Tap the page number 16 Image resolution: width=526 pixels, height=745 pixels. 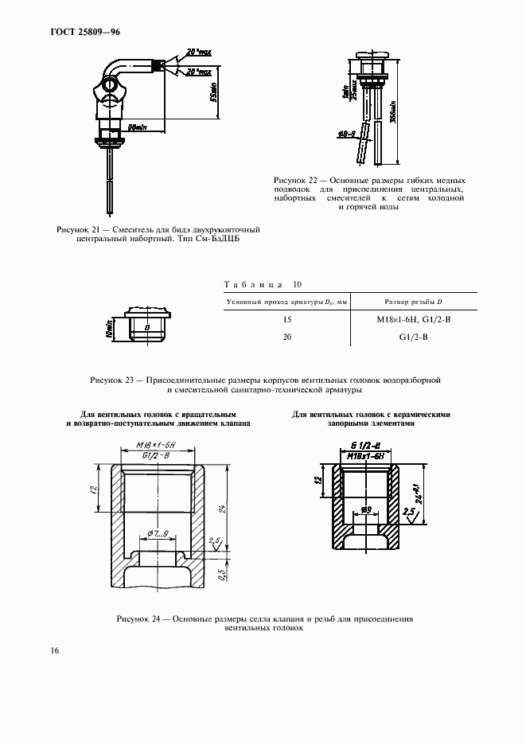[x=54, y=650]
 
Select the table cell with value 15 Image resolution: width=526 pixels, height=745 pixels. [x=287, y=319]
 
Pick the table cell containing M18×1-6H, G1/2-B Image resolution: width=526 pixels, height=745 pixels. [x=413, y=319]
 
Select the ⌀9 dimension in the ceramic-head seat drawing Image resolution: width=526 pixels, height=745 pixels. [x=367, y=509]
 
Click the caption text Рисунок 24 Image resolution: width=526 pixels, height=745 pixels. [x=138, y=618]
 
